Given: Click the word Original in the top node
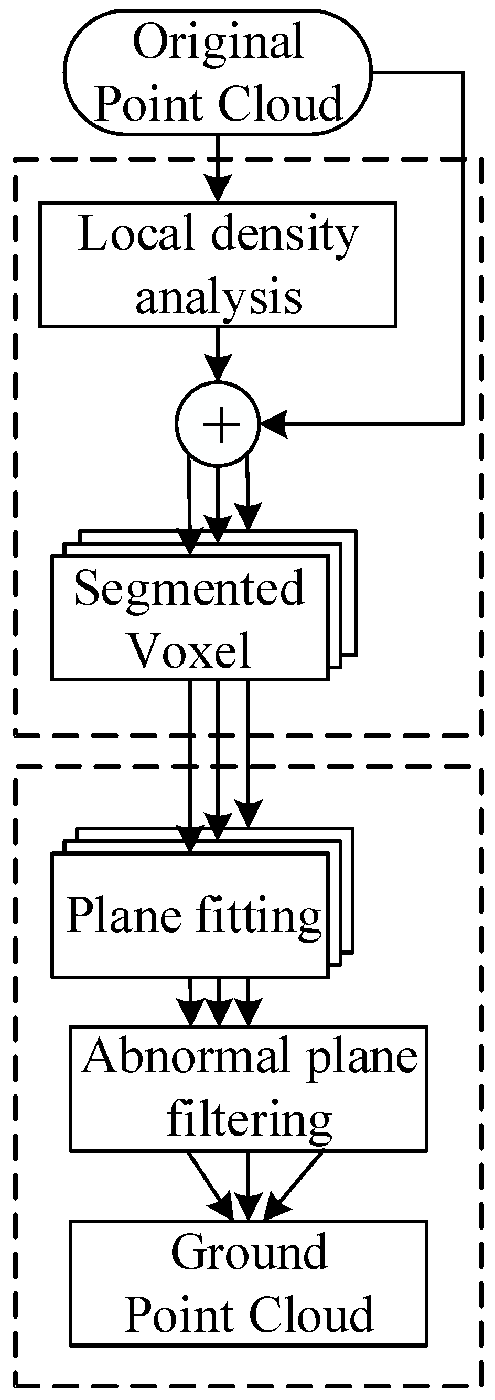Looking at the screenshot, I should pos(218,42).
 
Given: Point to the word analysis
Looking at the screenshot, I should pos(219,298).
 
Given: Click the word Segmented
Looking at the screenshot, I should pos(190,588).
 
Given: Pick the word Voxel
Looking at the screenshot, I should pos(190,650).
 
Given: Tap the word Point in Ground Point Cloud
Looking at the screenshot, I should pos(181,1315).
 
